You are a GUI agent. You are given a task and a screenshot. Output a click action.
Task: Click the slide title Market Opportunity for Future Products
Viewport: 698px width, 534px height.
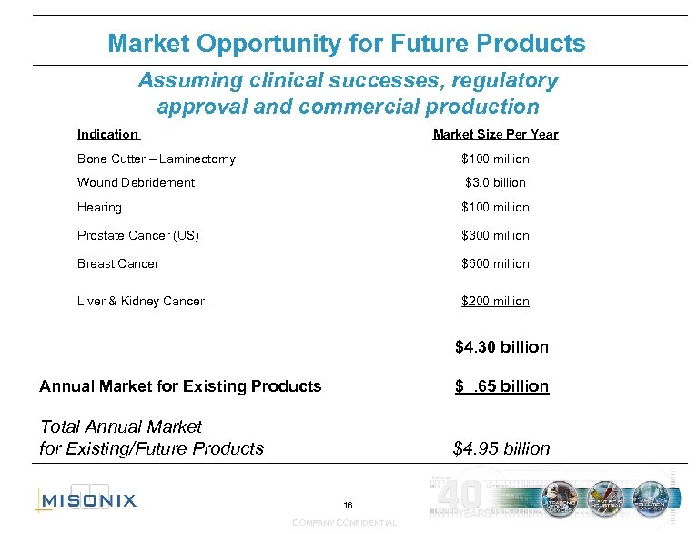point(347,43)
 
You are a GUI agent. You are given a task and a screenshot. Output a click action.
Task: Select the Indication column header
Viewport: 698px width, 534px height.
point(107,134)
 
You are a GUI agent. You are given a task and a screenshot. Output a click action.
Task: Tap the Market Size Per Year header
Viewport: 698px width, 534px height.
point(495,134)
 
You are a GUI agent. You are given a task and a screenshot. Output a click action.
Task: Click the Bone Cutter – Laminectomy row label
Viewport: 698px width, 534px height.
point(156,159)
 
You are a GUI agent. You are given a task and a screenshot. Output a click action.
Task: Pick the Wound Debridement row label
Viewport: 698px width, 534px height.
point(136,182)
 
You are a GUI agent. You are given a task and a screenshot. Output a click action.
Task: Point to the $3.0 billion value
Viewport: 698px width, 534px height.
point(495,182)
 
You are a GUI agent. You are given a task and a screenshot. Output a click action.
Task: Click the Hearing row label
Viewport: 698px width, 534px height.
point(99,207)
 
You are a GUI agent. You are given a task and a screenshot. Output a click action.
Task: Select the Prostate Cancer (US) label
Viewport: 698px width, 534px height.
point(137,235)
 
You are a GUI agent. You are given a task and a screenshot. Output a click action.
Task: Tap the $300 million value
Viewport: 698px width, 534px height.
point(495,235)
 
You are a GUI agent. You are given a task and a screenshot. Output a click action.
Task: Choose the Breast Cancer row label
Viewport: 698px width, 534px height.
point(118,263)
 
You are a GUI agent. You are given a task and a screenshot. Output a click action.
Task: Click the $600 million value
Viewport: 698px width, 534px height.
point(495,263)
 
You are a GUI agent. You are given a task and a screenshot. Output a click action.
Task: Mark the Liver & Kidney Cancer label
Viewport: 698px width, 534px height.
point(141,301)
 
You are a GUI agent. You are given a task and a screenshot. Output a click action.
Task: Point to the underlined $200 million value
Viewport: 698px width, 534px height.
point(495,301)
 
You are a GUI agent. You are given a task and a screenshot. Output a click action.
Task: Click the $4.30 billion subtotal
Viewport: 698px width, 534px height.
point(501,347)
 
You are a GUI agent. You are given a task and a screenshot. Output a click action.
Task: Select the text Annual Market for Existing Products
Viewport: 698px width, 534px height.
point(180,386)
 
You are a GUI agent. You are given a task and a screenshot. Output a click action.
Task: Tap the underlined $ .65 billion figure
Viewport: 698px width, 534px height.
point(501,386)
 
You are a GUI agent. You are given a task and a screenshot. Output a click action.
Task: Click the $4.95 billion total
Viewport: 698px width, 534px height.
point(501,448)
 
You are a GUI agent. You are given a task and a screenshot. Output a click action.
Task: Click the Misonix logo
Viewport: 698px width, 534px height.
point(86,498)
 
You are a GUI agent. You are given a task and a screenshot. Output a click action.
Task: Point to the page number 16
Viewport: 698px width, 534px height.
point(348,505)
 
